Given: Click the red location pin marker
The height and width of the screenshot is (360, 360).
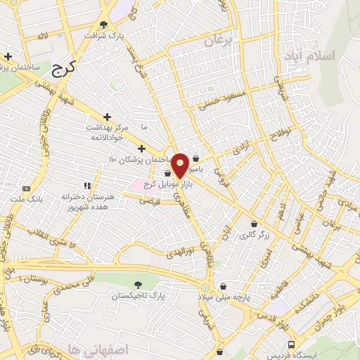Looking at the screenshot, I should (180, 165).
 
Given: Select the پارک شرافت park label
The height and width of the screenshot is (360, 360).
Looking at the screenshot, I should (105, 34).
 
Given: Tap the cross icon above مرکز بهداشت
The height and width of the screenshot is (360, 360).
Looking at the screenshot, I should (107, 117).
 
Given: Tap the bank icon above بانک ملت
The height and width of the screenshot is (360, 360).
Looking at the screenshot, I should (27, 188).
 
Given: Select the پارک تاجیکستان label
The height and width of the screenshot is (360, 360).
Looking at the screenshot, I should (141, 296).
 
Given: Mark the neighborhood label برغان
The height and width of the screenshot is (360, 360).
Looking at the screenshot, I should (218, 41).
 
